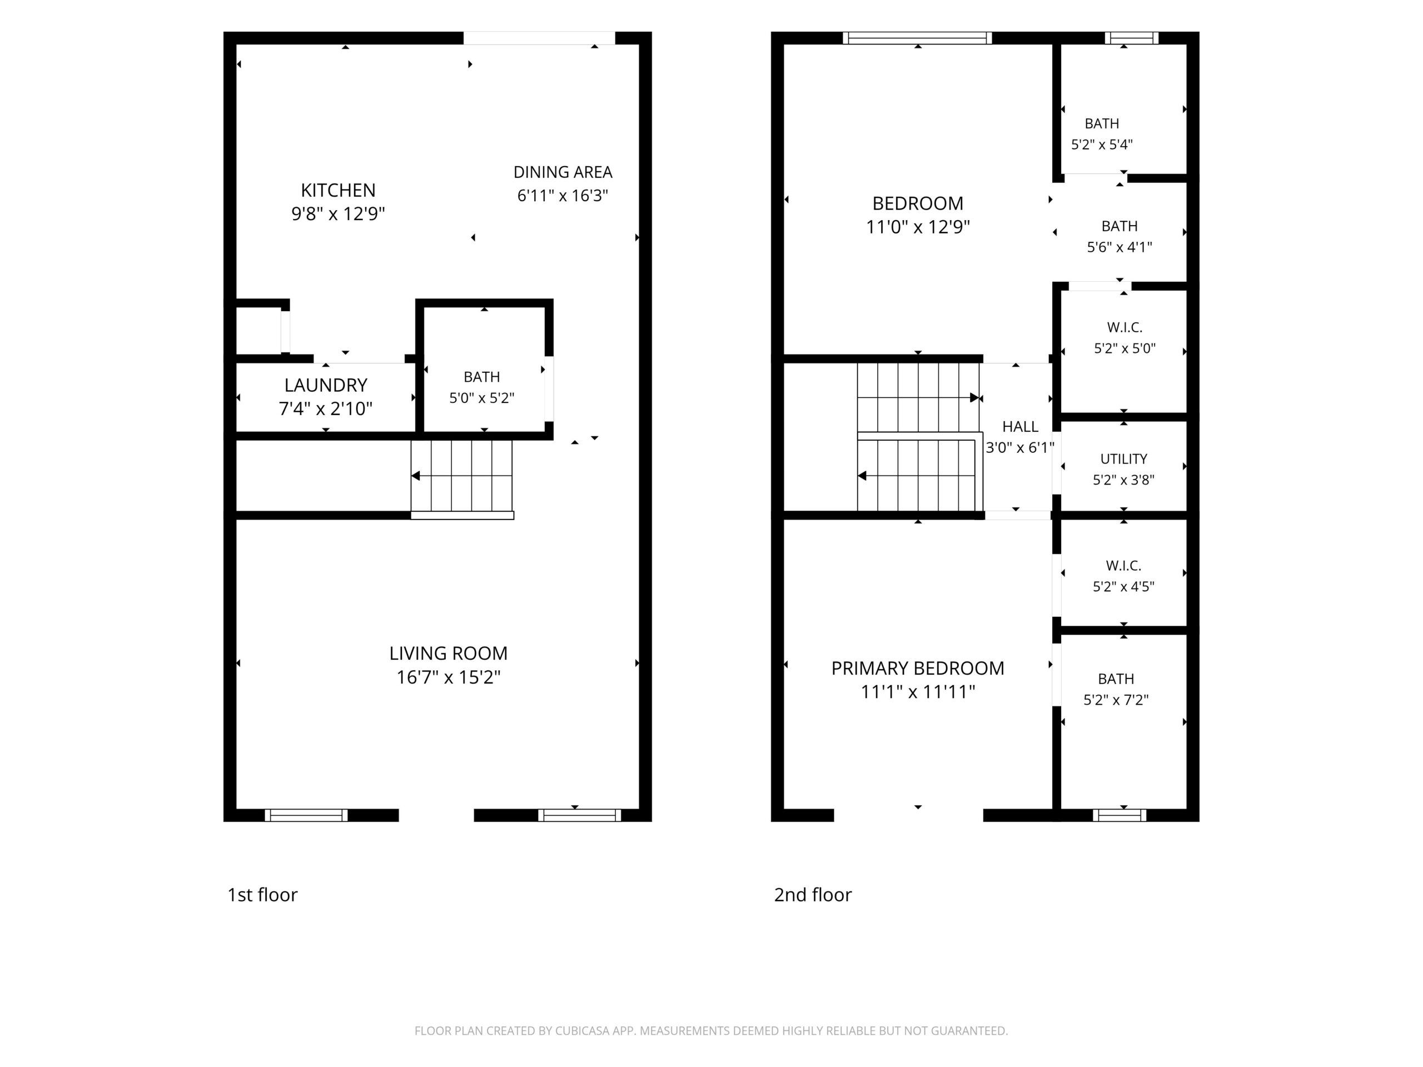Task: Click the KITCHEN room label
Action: [x=338, y=191]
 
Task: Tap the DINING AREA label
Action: [x=563, y=172]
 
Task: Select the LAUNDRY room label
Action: [x=326, y=385]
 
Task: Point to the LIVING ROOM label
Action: [x=449, y=654]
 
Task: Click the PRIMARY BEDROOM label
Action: [x=918, y=668]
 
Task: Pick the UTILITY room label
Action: [x=1124, y=458]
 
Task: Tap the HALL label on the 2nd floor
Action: [x=1021, y=426]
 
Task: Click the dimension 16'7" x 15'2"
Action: [x=449, y=677]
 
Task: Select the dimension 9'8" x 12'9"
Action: [x=338, y=213]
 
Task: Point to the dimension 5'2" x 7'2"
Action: [x=1116, y=700]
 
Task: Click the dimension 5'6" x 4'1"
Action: [x=1120, y=247]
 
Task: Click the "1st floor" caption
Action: [x=262, y=895]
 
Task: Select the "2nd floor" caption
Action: [x=813, y=895]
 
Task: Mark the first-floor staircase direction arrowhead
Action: [x=416, y=476]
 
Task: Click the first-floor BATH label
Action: [x=482, y=377]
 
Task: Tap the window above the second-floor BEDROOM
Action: [x=917, y=38]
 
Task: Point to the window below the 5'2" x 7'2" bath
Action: [x=1120, y=815]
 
